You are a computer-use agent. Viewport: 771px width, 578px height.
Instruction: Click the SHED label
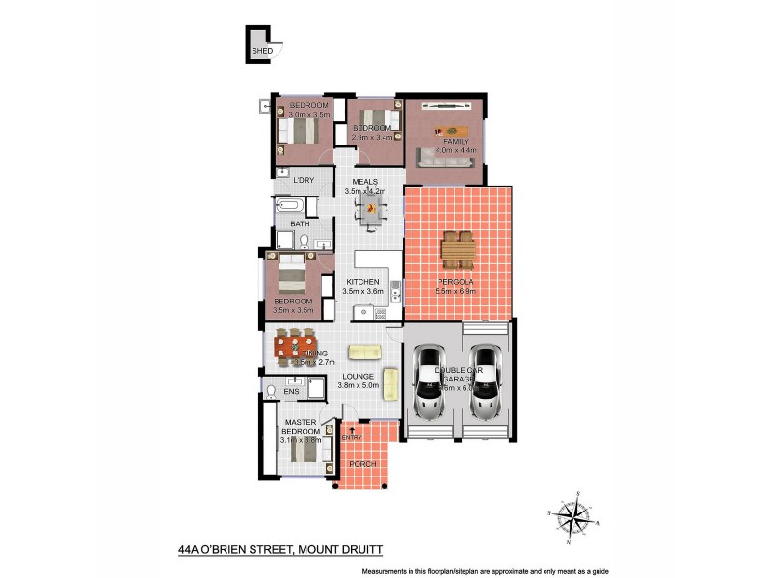coord(261,51)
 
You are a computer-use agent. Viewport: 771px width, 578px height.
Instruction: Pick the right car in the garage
coord(485,385)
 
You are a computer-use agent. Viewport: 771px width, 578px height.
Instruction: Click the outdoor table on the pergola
coord(459,250)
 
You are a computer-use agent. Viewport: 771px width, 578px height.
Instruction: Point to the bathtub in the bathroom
coord(290,206)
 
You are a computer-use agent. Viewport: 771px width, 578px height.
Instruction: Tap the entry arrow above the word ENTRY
coord(351,429)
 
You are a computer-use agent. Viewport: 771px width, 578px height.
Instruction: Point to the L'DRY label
coord(304,180)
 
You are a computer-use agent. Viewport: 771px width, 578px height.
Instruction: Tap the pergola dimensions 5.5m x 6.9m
coord(459,291)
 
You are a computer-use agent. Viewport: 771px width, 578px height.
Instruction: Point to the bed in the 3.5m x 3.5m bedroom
coord(291,280)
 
